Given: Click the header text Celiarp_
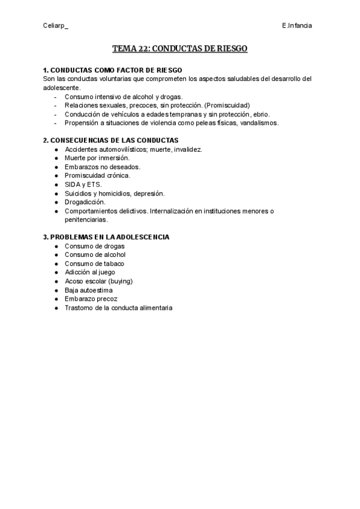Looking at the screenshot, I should [x=56, y=26].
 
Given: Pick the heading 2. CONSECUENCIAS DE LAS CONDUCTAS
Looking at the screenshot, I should [x=110, y=140].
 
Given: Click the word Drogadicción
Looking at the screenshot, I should [x=85, y=202].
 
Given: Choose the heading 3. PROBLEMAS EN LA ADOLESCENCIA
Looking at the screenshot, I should [x=106, y=237].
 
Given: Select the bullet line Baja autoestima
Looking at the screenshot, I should [x=89, y=290].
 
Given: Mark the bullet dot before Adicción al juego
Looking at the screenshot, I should [x=56, y=273].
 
